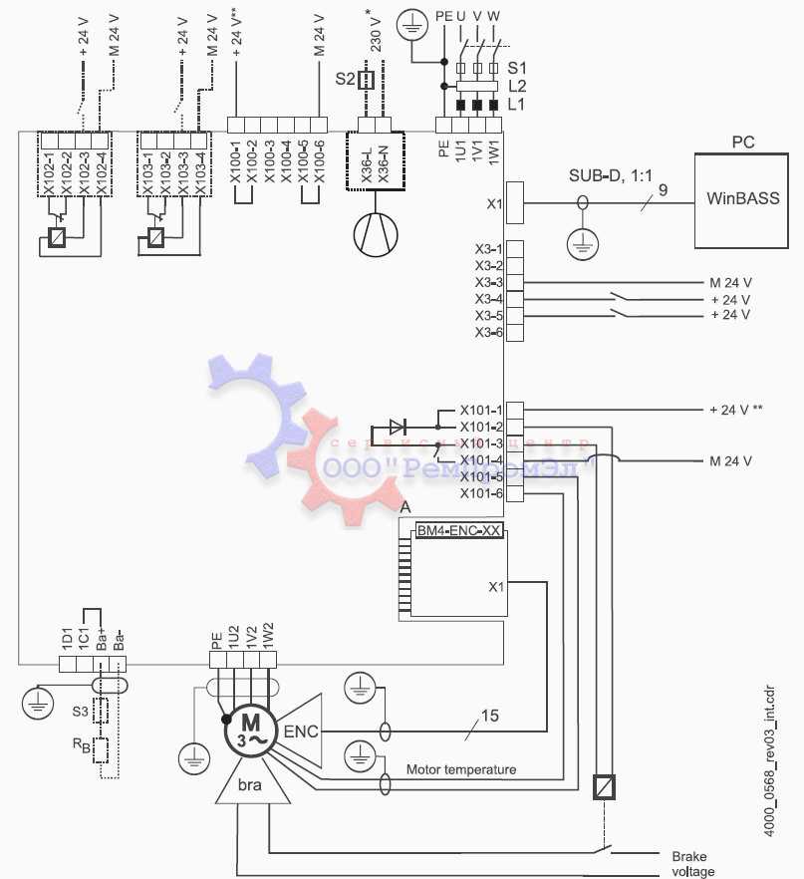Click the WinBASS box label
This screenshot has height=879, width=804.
(742, 198)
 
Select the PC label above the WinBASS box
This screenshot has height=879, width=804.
(742, 143)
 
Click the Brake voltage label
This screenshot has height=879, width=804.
(692, 864)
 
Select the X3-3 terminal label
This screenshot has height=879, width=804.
(488, 283)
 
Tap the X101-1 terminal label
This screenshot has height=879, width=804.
(480, 410)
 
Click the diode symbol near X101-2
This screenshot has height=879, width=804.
(397, 427)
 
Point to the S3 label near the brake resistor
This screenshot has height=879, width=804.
(79, 712)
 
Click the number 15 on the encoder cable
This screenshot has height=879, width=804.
(489, 715)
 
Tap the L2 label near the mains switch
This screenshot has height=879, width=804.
(516, 87)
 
